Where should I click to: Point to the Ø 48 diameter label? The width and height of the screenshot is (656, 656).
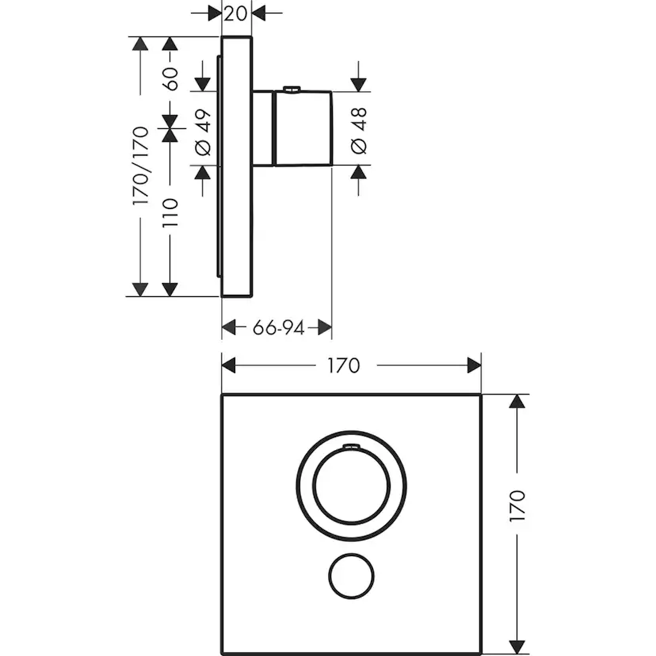[357, 132]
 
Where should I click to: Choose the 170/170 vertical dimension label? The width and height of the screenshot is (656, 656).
[141, 166]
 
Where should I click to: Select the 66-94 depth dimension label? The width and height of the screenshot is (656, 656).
[278, 327]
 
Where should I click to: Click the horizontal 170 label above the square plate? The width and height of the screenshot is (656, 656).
[342, 365]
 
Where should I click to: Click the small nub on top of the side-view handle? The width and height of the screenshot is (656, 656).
[292, 89]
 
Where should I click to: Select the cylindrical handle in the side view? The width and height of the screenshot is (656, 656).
[302, 129]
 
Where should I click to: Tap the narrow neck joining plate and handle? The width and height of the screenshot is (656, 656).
[262, 129]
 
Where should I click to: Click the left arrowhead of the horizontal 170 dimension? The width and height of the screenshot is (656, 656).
[229, 365]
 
